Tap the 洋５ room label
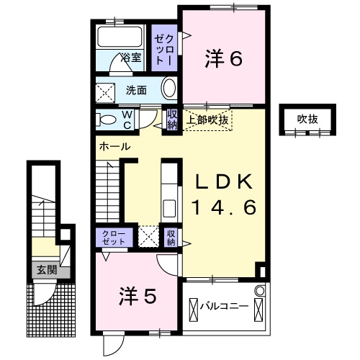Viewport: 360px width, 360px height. pos(138,294)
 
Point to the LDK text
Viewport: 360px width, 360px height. pos(224,181)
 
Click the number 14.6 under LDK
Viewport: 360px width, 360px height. pos(224,207)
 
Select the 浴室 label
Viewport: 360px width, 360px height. pos(130,56)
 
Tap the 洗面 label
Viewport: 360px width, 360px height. pos(137,90)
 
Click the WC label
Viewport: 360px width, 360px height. pos(125,119)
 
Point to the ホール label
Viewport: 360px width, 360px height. pos(114,146)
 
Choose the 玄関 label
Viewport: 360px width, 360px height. pos(48,271)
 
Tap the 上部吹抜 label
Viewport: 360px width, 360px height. pos(208,120)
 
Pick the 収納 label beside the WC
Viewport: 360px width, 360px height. pos(173,119)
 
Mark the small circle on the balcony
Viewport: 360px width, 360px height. pos(260,292)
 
